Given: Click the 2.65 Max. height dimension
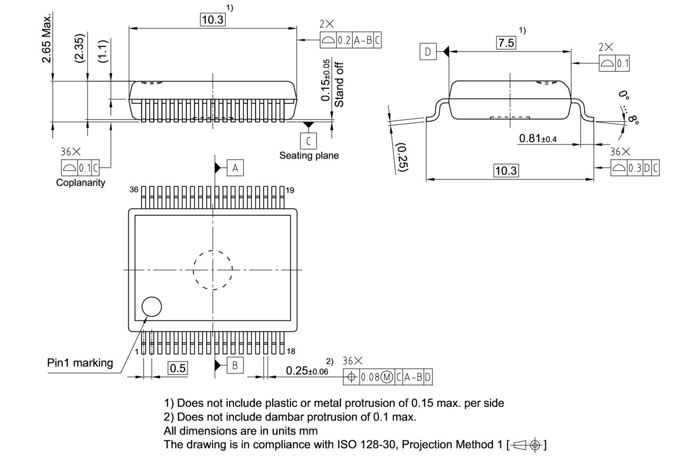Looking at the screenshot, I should coord(47,38).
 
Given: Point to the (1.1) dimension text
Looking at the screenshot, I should coord(103,51).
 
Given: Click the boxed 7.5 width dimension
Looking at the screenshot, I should coord(506,43).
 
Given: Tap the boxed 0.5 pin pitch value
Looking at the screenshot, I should coord(178,368).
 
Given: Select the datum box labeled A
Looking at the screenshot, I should coord(235,168).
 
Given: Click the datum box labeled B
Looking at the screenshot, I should coord(235,365).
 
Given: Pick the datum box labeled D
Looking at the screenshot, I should coord(427,52).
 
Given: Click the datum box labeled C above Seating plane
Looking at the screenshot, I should coord(308,141).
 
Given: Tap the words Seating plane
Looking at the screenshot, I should coord(309,155).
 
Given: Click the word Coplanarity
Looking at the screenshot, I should coord(81,183).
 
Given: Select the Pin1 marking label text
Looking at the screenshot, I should coord(80,363).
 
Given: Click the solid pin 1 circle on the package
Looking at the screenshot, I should coord(151,307).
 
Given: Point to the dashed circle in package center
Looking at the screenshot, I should coord(213,270).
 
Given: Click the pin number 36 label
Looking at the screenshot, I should coord(134,190).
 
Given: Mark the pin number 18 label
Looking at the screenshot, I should coord(291,351).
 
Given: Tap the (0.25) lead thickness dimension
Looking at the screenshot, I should coord(402,157).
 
